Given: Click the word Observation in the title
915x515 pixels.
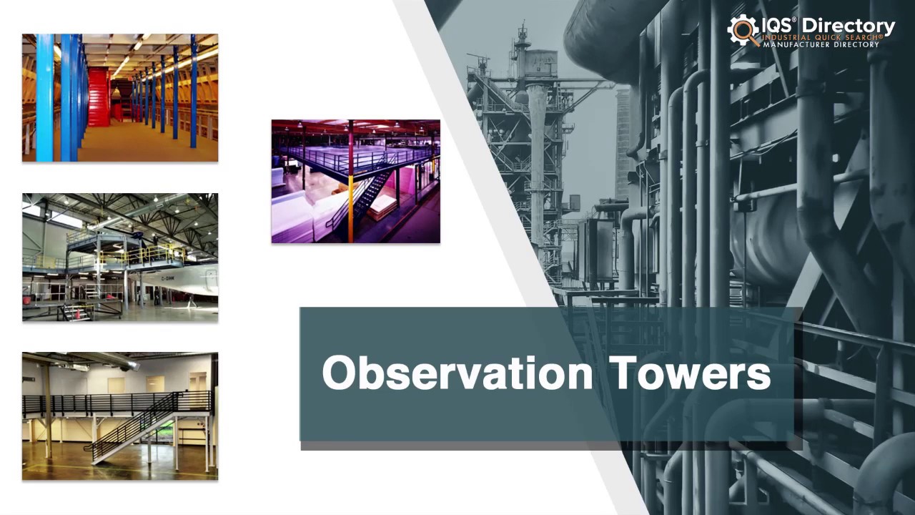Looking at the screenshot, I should click(457, 373).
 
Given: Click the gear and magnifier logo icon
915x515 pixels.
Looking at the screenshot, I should click(743, 30).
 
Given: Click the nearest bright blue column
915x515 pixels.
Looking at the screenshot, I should click(44, 97).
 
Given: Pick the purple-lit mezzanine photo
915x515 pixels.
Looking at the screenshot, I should click(355, 181).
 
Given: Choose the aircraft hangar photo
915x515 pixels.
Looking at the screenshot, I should click(119, 257).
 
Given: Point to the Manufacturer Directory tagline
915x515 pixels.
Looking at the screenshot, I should click(821, 44).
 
